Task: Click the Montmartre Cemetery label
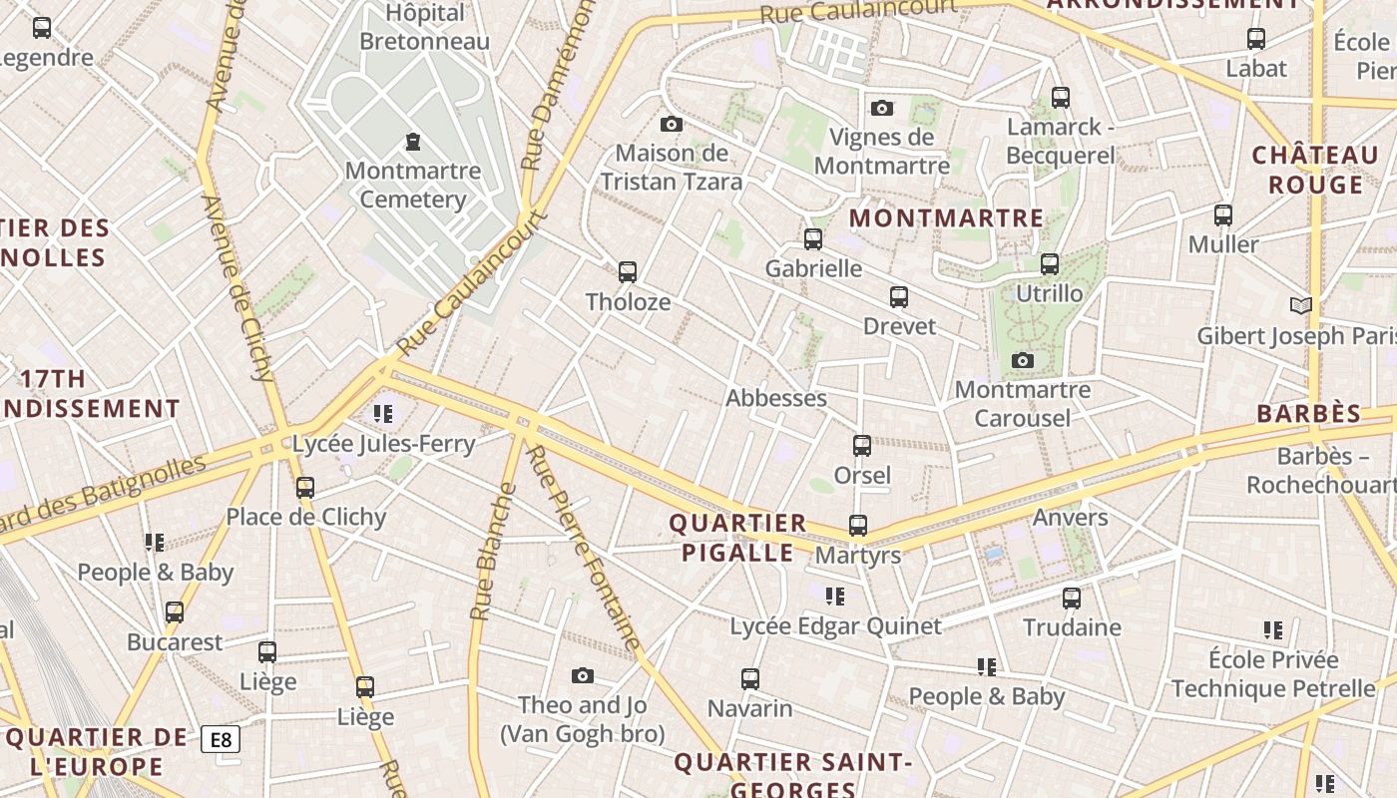tap(412, 185)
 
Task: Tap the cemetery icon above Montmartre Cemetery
tap(412, 142)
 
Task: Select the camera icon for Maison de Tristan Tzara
tap(672, 124)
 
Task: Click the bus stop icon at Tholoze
tap(627, 271)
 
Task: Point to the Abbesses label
tap(775, 398)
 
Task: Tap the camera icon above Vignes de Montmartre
tap(881, 108)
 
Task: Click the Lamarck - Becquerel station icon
tap(1060, 98)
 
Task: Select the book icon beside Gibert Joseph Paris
tap(1300, 305)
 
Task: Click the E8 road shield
tap(221, 739)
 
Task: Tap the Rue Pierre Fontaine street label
tap(584, 549)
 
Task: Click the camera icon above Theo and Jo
tap(583, 676)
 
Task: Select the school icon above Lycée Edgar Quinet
tap(834, 597)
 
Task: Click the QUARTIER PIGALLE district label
tap(737, 538)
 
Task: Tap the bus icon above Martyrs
tap(857, 525)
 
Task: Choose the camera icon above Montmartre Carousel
tap(1022, 360)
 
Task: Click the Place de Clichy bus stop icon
tap(305, 487)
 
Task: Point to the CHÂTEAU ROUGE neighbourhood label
tap(1314, 170)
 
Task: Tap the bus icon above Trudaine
tap(1071, 598)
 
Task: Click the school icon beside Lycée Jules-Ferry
tap(382, 413)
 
